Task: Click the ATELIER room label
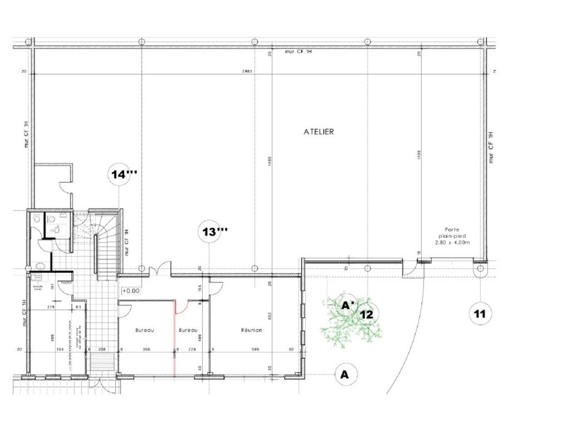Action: tap(319, 132)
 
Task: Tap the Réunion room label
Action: tap(251, 330)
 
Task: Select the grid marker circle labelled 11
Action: tap(480, 313)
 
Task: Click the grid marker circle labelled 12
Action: tap(367, 314)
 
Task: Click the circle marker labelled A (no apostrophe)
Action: tap(345, 375)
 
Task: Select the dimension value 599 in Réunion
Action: tap(253, 349)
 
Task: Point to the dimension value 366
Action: tap(146, 349)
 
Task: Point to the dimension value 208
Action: tap(103, 349)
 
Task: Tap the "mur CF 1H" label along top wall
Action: tap(298, 52)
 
